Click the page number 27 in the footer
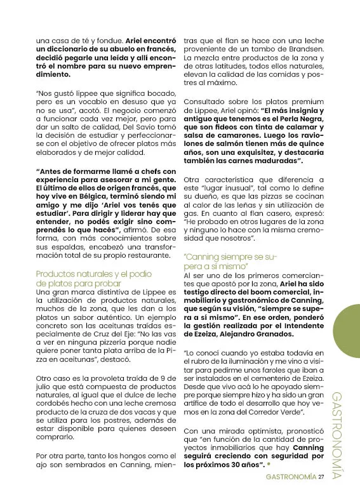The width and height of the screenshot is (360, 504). (x=322, y=477)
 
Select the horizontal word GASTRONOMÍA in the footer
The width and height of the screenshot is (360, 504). (x=291, y=477)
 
